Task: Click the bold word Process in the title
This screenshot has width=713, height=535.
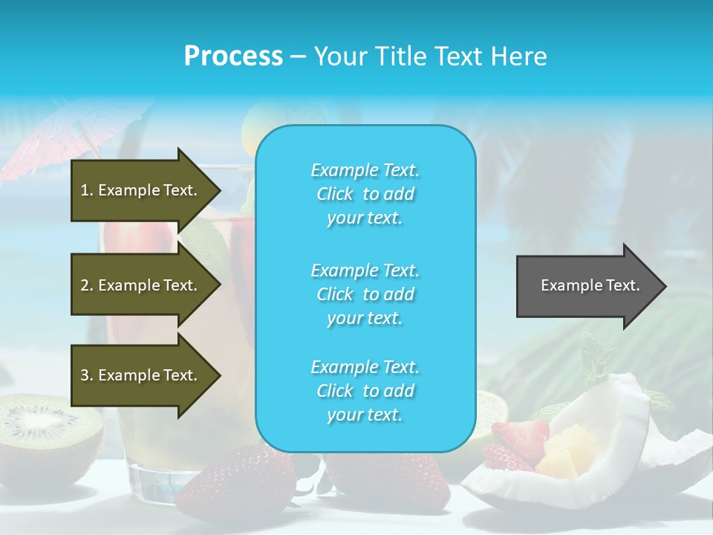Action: (x=233, y=56)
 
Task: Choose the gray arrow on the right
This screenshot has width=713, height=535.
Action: (x=587, y=285)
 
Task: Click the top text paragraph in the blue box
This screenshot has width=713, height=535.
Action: (x=365, y=194)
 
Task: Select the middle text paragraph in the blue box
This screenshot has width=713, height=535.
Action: (x=365, y=294)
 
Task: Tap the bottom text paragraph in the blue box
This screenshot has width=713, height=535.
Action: (x=365, y=391)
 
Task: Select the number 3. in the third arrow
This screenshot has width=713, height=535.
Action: (x=86, y=375)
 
